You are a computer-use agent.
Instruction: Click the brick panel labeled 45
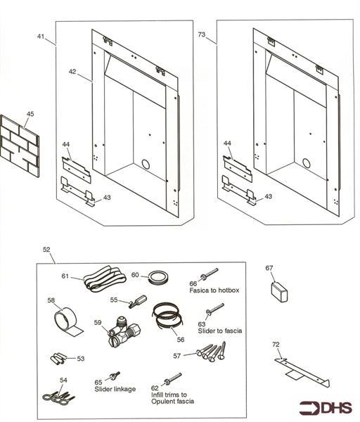[20, 146]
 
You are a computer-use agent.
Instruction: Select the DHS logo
[326, 408]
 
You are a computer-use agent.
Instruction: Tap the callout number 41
[41, 37]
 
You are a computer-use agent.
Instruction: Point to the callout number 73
[202, 34]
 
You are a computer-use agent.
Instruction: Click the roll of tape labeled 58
[67, 321]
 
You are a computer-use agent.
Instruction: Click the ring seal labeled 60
[159, 277]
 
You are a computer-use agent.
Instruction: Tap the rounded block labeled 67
[279, 292]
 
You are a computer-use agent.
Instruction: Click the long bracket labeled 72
[302, 373]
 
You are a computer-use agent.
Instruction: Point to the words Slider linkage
[115, 389]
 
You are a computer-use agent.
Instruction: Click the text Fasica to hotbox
[214, 290]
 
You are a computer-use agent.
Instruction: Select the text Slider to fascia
[220, 331]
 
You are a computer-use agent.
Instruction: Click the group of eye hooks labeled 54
[58, 397]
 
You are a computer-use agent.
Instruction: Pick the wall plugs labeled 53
[58, 359]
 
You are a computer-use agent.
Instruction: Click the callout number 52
[46, 250]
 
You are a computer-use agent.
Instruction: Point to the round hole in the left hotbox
[146, 164]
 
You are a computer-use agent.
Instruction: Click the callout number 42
[72, 72]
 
